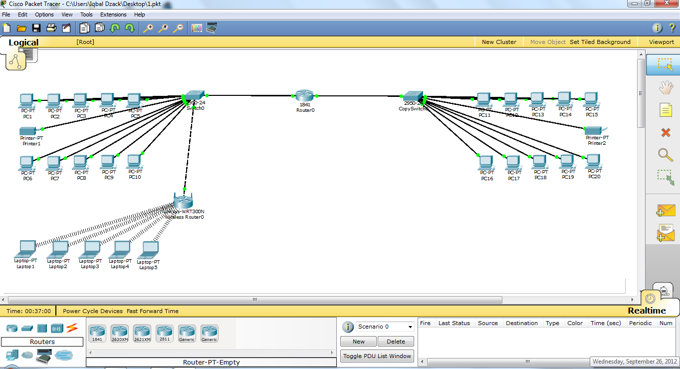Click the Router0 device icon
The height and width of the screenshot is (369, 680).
304,95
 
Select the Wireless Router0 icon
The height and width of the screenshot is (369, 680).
183,201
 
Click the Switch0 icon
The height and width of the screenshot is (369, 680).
195,96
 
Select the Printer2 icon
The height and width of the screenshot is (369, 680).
594,130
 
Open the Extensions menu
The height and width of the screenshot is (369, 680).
113,14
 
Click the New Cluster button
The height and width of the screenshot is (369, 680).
499,42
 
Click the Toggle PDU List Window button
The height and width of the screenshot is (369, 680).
377,356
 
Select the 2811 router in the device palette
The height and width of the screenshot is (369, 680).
164,333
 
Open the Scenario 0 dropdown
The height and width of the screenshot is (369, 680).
385,327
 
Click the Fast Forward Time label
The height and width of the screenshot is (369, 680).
153,311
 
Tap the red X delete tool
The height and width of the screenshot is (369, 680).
666,132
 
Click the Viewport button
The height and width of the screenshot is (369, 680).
661,42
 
